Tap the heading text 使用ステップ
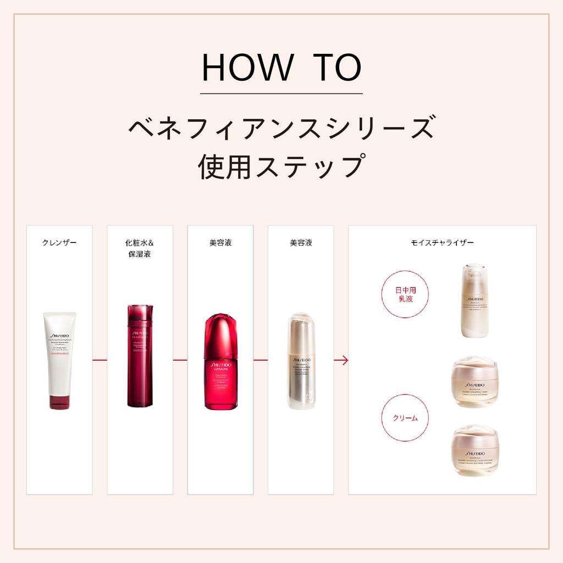[281, 166]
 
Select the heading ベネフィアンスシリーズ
[281, 128]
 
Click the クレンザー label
[59, 242]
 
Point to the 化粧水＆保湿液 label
[140, 248]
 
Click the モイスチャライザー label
[442, 242]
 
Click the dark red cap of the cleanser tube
[59, 402]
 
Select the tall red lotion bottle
[140, 356]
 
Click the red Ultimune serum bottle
[220, 361]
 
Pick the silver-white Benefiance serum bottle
[301, 361]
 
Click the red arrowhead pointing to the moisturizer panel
[345, 360]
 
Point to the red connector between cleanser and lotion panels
[100, 360]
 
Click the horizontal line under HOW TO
[281, 94]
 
